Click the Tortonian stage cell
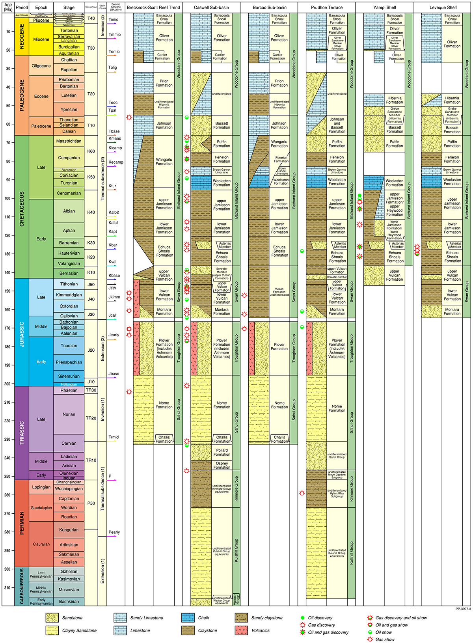69,30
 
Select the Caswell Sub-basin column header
212,7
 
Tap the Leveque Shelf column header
443,7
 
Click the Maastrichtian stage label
69,141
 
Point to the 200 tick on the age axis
8,384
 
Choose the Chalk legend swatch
188,618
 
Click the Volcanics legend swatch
241,630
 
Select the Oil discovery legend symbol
302,618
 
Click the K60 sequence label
91,151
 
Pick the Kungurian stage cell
69,530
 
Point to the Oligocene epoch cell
41,66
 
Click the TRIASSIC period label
22,432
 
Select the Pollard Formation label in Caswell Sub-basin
222,452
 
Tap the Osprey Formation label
222,466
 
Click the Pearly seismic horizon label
114,532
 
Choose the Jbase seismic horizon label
114,374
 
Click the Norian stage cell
69,414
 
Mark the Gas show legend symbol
370,639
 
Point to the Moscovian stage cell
69,590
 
